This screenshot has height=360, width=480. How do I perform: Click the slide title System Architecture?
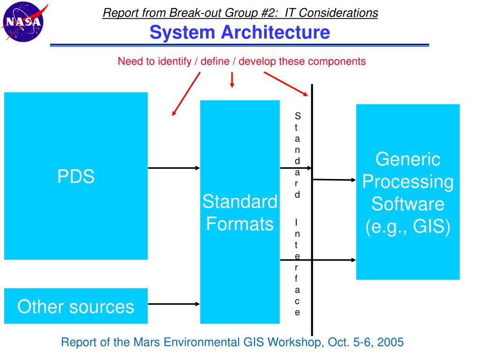point(240,32)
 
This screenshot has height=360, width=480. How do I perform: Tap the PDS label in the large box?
point(76,177)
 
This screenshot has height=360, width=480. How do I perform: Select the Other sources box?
point(76,306)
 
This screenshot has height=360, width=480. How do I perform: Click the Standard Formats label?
point(240,213)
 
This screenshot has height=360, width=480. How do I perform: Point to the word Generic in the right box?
point(408,159)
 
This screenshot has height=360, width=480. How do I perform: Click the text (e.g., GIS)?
point(408,227)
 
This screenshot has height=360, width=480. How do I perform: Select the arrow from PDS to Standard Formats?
point(174,168)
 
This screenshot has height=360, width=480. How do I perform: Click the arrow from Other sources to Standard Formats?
point(174,304)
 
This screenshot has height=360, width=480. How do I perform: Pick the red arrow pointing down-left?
point(186,94)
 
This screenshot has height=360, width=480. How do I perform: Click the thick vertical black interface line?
point(312,211)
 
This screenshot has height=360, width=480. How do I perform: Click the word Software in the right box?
point(408,204)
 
